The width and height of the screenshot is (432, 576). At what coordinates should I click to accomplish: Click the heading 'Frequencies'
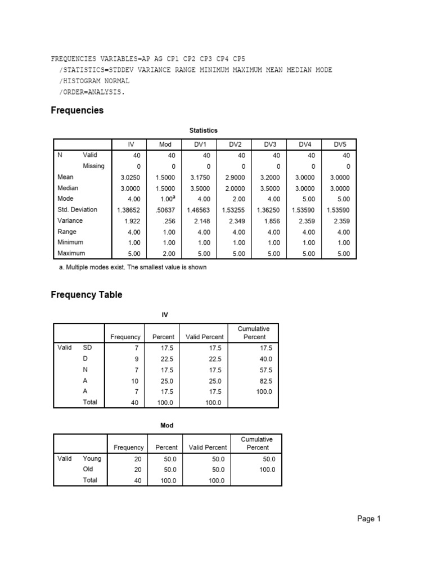point(77,110)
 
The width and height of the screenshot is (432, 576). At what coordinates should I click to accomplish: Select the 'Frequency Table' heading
point(86,294)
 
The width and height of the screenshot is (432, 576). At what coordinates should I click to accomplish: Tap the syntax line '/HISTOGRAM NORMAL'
point(94,81)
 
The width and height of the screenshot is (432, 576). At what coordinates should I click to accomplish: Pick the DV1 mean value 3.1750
point(200,177)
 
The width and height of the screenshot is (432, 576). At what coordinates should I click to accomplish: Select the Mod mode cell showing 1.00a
point(167,199)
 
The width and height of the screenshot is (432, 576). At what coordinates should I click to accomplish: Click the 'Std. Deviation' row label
point(77,209)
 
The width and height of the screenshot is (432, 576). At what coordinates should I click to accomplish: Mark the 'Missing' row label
point(93,165)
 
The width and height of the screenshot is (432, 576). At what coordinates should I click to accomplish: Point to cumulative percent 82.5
point(264,381)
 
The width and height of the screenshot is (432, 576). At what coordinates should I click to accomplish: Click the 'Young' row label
point(92,458)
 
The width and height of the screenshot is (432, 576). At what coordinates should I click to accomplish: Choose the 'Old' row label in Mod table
point(88,469)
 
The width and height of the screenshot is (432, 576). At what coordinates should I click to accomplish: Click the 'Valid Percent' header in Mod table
point(208,447)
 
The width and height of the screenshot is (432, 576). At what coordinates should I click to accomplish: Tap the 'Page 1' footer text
point(369,519)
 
